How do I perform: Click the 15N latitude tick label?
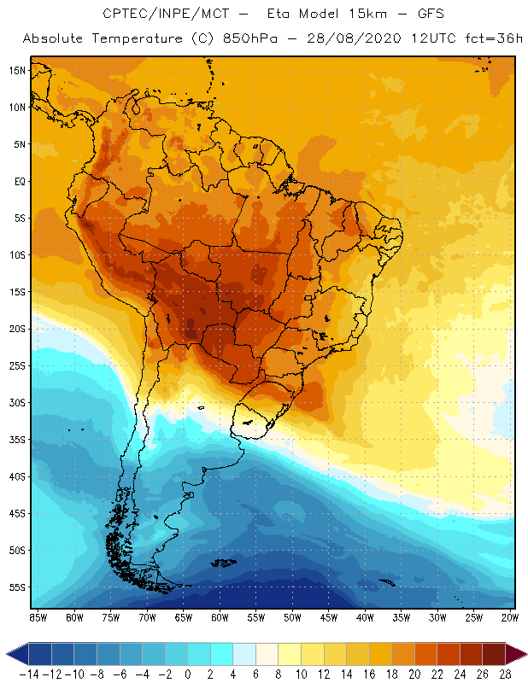(16, 70)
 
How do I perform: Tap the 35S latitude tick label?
(16, 440)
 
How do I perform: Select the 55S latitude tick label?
(16, 587)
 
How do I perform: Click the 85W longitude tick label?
(38, 617)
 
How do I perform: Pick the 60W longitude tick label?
(220, 617)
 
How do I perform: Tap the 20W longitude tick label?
(511, 617)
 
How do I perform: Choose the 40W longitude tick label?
(365, 617)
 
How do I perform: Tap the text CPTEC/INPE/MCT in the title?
(157, 15)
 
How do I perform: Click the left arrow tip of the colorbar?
(8, 654)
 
